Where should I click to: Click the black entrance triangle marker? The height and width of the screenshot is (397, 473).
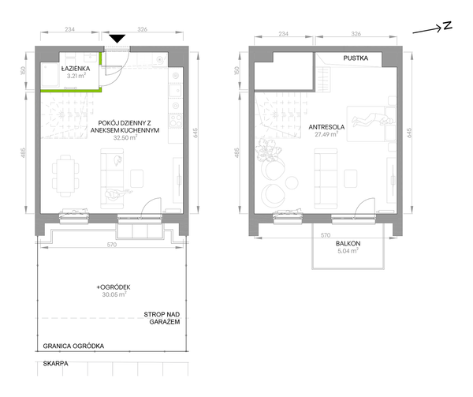click(117, 39)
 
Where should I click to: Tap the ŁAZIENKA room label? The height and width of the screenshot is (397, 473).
click(76, 69)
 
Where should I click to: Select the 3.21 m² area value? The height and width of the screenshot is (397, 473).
click(76, 76)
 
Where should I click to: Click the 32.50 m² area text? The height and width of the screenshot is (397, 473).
click(125, 137)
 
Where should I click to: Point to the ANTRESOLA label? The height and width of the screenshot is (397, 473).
click(326, 127)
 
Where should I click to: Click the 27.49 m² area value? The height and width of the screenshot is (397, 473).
click(326, 134)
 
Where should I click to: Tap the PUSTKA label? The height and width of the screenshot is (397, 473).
click(356, 58)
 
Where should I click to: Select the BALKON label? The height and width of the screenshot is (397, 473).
click(348, 243)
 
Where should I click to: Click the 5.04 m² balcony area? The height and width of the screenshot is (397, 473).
click(348, 250)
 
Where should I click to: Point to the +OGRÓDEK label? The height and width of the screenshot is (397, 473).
click(114, 287)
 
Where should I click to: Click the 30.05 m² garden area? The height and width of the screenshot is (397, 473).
click(114, 294)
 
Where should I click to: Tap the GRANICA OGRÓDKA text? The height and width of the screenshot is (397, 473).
click(73, 346)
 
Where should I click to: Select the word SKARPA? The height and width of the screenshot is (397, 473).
click(55, 364)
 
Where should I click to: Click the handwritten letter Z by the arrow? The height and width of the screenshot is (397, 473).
click(448, 26)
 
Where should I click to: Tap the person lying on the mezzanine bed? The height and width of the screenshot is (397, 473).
click(374, 118)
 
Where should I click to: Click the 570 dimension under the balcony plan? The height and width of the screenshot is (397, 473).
click(326, 235)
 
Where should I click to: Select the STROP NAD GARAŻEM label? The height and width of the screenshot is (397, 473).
click(162, 318)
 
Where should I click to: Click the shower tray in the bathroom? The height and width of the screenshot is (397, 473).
click(50, 75)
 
